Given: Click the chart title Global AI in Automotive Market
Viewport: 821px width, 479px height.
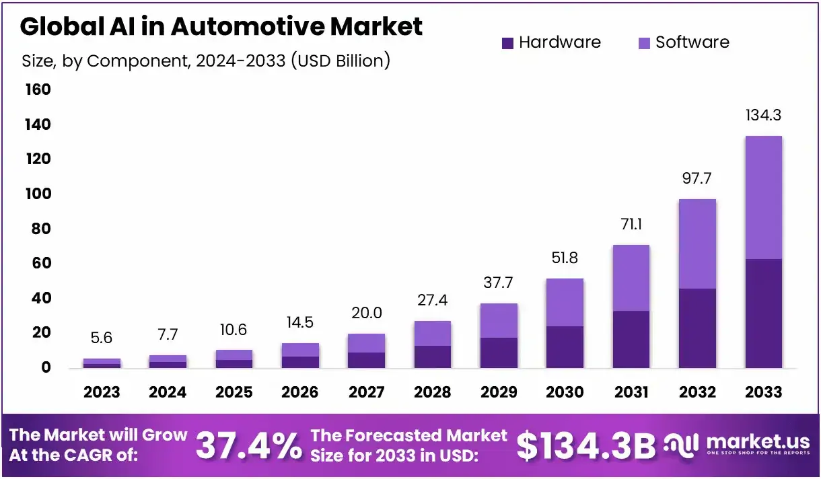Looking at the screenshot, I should pyautogui.click(x=221, y=26).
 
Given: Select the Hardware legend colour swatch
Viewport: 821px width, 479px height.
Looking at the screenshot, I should pyautogui.click(x=508, y=43).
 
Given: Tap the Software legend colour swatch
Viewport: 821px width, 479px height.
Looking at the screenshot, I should pyautogui.click(x=644, y=43).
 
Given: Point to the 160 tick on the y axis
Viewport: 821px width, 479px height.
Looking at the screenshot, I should pyautogui.click(x=38, y=89).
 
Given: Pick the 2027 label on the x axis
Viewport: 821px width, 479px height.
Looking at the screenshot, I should pyautogui.click(x=367, y=392).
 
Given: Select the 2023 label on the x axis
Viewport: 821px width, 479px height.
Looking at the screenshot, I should pyautogui.click(x=102, y=392).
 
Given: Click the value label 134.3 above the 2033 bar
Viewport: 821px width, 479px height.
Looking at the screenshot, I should pyautogui.click(x=764, y=116).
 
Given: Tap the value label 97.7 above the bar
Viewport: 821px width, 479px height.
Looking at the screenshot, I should pyautogui.click(x=697, y=179).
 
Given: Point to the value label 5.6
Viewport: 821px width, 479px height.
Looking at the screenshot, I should pyautogui.click(x=102, y=338).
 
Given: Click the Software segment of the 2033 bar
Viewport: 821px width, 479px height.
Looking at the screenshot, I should pyautogui.click(x=764, y=197).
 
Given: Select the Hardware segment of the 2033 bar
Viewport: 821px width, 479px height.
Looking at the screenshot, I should pyautogui.click(x=764, y=313).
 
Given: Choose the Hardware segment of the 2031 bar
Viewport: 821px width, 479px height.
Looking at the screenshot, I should pyautogui.click(x=631, y=339).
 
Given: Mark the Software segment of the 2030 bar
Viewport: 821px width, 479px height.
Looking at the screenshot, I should pyautogui.click(x=565, y=302).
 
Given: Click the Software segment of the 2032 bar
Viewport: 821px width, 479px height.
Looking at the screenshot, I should pyautogui.click(x=697, y=244).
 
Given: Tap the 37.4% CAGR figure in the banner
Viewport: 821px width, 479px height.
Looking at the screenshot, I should pyautogui.click(x=248, y=446).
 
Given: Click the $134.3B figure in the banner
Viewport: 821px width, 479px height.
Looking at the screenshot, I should pyautogui.click(x=585, y=446).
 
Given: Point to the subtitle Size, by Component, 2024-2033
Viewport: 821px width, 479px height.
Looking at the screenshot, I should pyautogui.click(x=206, y=61).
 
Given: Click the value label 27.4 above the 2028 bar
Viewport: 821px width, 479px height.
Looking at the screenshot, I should pyautogui.click(x=433, y=300).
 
